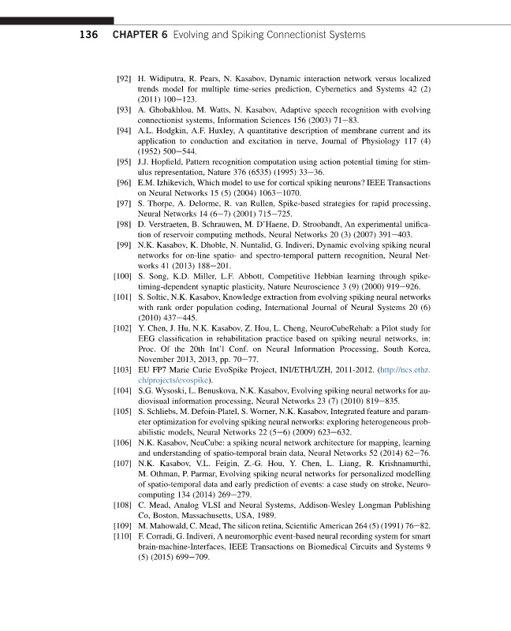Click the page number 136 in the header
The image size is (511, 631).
(89, 35)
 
